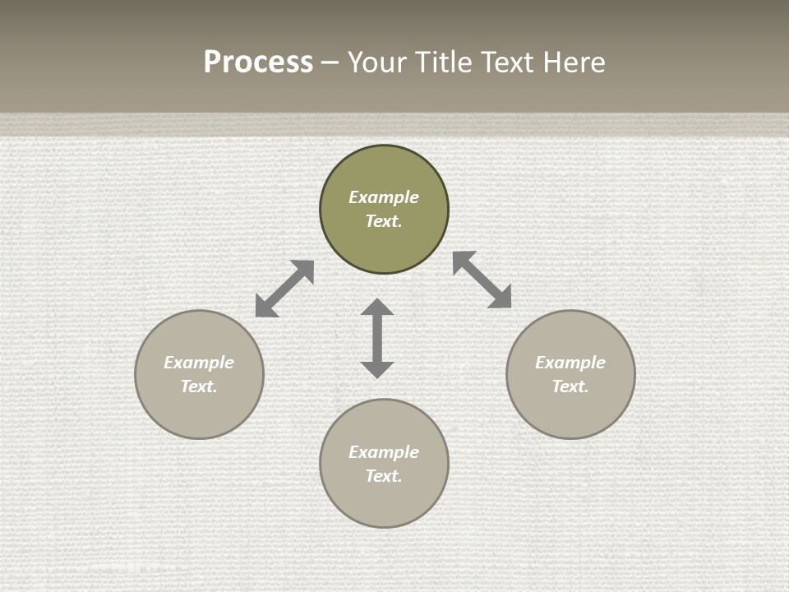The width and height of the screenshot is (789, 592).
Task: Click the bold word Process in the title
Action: coord(258,62)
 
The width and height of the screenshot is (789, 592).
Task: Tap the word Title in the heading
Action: coord(440,62)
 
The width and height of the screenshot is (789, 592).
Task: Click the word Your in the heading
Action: coord(376,62)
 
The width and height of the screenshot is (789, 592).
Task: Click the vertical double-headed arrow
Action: coord(377,339)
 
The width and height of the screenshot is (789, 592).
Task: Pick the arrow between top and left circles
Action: coord(284,289)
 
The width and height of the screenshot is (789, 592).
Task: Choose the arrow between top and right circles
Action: coord(482,280)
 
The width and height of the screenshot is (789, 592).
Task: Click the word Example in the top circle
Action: coord(384,197)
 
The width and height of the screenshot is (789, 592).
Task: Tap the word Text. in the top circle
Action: coord(384,221)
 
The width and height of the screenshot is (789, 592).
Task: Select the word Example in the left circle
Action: coord(199,363)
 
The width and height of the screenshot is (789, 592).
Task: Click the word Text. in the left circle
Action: coord(199,386)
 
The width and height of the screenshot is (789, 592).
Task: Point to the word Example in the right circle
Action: coord(570,363)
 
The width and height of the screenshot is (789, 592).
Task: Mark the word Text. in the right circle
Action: coord(570,386)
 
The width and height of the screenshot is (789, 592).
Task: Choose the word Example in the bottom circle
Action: coord(384,452)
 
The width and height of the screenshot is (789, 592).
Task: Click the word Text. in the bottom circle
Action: coord(384,476)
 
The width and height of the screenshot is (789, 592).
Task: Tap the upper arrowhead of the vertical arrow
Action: coord(377,308)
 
